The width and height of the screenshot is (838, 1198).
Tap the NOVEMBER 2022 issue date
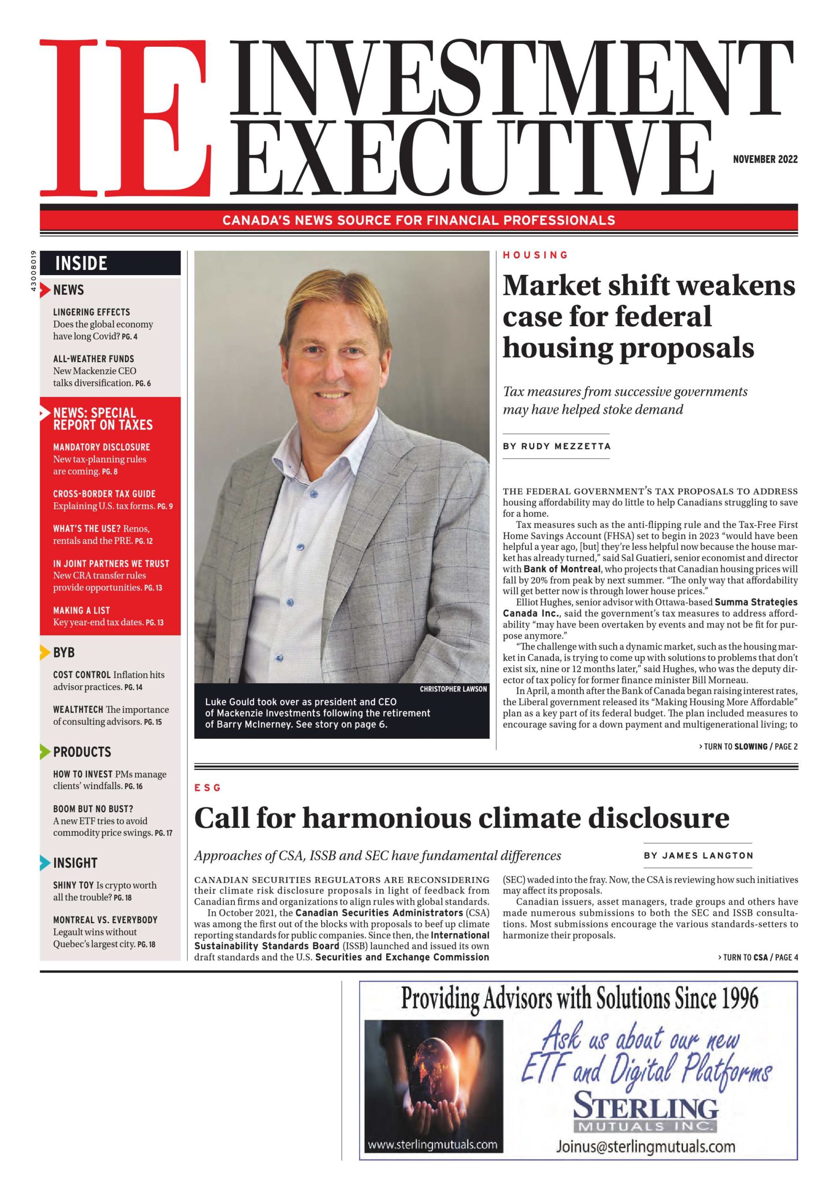click(x=765, y=160)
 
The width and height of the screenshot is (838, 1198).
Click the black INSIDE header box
click(x=110, y=263)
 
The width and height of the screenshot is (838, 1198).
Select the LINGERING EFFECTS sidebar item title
click(x=92, y=312)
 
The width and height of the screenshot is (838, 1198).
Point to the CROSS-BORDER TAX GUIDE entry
click(x=104, y=494)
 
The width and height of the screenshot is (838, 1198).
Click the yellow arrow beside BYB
click(x=45, y=653)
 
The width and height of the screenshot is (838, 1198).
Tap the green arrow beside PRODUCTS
click(x=45, y=752)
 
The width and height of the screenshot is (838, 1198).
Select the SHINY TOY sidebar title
click(x=73, y=885)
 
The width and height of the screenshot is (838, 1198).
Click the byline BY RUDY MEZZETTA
click(x=556, y=446)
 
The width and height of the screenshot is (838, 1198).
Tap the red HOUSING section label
click(x=535, y=255)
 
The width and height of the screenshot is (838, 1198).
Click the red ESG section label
click(x=208, y=788)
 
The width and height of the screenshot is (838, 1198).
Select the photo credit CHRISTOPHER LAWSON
click(x=453, y=689)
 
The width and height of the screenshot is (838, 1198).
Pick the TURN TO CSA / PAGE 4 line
click(x=758, y=957)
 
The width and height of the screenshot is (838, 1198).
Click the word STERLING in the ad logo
click(x=646, y=1107)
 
